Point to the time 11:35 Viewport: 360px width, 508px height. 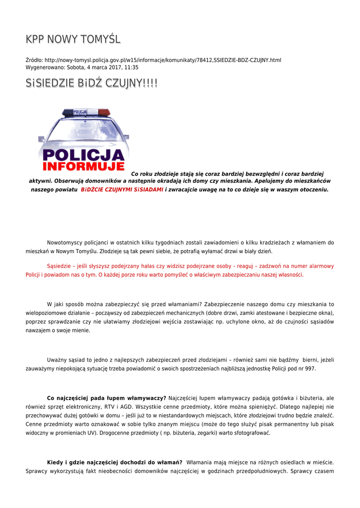[131, 67]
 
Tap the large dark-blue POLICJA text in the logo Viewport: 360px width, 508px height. [83, 154]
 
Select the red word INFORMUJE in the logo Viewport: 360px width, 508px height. [83, 166]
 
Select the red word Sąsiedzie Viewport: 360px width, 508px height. [59, 266]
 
